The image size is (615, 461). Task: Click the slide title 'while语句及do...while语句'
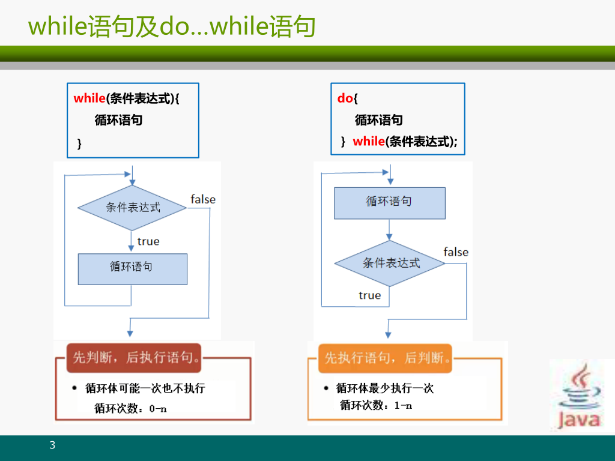[172, 26]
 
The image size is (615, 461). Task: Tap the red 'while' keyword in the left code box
[89, 98]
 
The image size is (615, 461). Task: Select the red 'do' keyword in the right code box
[345, 98]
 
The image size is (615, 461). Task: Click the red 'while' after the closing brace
[368, 142]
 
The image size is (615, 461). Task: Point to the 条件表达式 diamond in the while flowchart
[132, 208]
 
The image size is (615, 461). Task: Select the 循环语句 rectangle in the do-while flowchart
[389, 202]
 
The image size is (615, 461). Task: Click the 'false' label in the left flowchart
[203, 199]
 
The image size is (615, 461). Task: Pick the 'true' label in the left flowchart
[148, 241]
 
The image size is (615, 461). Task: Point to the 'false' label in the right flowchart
[456, 252]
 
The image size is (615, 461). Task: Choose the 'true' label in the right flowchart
[369, 295]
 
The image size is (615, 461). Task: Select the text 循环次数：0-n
[131, 408]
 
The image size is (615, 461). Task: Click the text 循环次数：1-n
[376, 405]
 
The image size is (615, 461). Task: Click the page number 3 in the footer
[52, 445]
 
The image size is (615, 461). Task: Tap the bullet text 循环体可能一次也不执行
[145, 388]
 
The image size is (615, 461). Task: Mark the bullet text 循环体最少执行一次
[384, 388]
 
